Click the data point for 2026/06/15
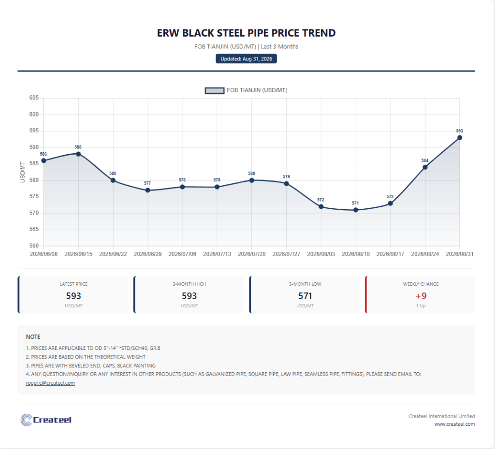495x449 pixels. tap(78, 154)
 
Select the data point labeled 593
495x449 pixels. tap(460, 138)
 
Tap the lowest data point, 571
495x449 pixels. tap(356, 210)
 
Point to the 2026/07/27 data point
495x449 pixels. tap(286, 184)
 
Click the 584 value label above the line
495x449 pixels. tap(425, 160)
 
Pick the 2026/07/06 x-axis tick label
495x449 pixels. tap(182, 254)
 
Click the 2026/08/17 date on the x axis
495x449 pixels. tap(390, 254)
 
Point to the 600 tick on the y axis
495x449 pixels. tap(34, 114)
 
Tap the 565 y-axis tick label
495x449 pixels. tap(34, 229)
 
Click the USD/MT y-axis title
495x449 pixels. tap(22, 172)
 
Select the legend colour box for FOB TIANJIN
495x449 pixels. tap(215, 90)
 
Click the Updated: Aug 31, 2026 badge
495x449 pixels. tap(246, 58)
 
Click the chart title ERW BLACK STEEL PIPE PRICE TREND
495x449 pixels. tap(246, 33)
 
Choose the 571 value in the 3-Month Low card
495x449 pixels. tap(305, 296)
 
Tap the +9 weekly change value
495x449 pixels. tap(421, 296)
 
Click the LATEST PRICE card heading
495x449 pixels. tap(73, 284)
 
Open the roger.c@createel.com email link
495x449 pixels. tap(50, 383)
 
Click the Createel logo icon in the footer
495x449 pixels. tap(26, 420)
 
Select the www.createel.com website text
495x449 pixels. tap(454, 424)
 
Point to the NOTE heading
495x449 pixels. tap(33, 337)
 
